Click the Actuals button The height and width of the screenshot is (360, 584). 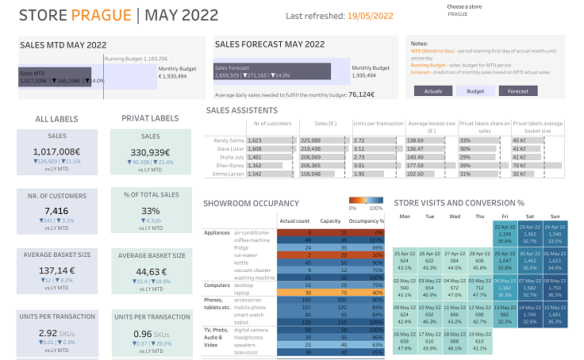(x=433, y=91)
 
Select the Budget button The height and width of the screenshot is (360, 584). (x=475, y=91)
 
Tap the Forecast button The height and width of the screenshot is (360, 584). (x=517, y=91)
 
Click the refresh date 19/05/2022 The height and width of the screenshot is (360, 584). (x=371, y=16)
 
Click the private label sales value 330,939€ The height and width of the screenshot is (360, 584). (x=150, y=152)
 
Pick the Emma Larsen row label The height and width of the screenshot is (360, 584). (x=227, y=173)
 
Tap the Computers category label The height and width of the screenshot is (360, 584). (x=217, y=285)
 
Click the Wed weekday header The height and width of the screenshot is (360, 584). (x=454, y=215)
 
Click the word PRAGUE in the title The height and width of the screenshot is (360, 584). (x=100, y=15)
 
